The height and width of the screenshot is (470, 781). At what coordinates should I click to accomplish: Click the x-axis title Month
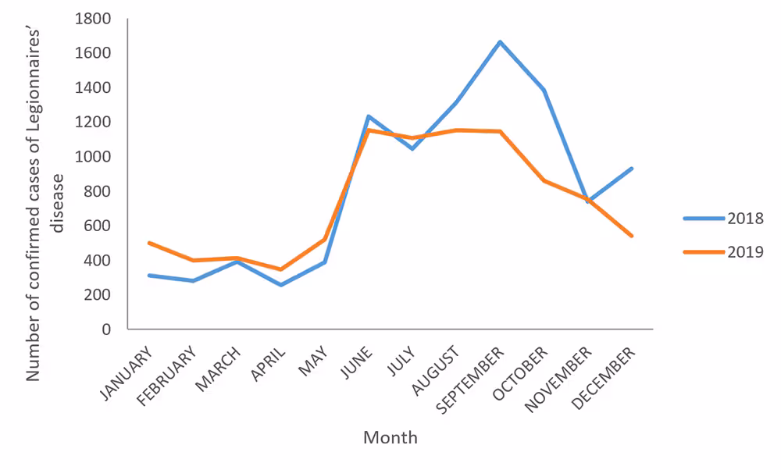[x=390, y=437]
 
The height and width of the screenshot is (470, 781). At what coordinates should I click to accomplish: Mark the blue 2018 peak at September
[x=500, y=41]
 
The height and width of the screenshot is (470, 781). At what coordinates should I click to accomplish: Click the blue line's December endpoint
[x=632, y=169]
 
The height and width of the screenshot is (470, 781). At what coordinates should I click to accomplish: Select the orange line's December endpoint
[x=632, y=236]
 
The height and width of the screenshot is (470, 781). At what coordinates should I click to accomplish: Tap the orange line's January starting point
[x=148, y=243]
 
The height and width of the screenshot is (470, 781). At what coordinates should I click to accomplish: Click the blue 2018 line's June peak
[x=368, y=116]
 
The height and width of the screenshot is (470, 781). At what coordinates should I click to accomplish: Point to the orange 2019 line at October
[x=544, y=180]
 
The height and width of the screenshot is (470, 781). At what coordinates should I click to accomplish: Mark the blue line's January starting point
[x=148, y=275]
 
